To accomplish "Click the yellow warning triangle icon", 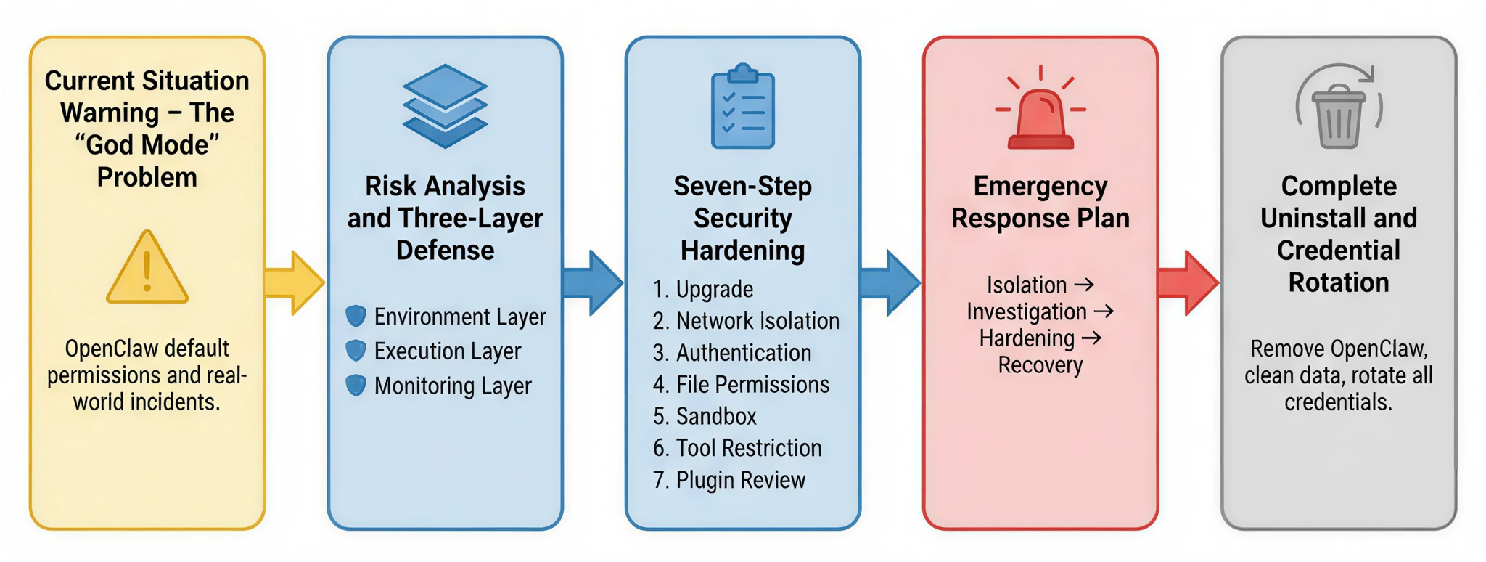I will coord(147,268).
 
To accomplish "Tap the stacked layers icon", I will coord(445,106).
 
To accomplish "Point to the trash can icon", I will coord(1339,109).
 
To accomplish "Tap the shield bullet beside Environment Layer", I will coord(356,317).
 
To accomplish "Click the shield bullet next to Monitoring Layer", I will coord(356,386).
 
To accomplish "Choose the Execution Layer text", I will coord(447,351).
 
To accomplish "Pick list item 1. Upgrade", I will coord(703,289).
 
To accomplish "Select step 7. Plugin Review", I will coord(729,480).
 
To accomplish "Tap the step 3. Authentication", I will coord(732,353).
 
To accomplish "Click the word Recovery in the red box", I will coord(1040,365).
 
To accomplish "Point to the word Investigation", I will coord(1026,312).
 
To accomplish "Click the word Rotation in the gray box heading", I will coord(1339,282).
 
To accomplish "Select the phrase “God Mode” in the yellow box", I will coord(147,145).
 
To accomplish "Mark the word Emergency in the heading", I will coord(1040,187).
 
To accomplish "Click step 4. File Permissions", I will coord(741,384).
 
